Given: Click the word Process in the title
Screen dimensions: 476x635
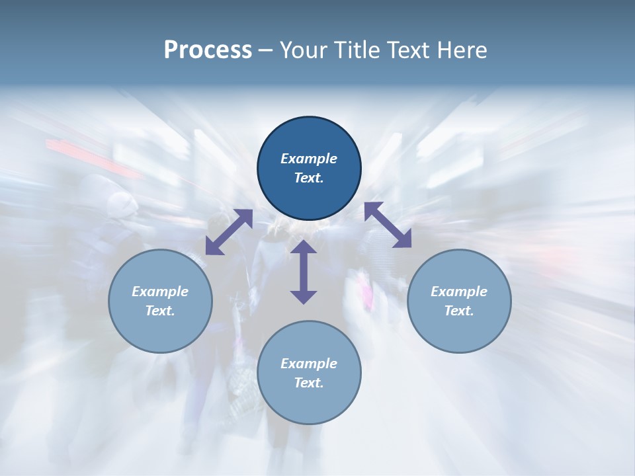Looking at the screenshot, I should (208, 50).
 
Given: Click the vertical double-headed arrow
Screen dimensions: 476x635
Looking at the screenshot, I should (304, 272).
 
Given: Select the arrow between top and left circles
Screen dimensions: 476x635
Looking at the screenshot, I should (229, 232).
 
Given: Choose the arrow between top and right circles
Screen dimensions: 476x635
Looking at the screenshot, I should (388, 225).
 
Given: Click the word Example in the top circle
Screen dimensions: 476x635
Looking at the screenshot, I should (309, 159).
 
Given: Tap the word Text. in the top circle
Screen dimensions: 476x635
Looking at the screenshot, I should (309, 178).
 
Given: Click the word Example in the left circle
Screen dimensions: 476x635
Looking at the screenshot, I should (160, 292).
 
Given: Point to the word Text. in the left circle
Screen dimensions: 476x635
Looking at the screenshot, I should (160, 311).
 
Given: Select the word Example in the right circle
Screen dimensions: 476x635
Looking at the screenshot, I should (458, 292).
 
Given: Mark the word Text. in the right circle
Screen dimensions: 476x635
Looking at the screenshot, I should (458, 311).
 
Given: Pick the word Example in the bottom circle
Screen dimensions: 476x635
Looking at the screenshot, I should (309, 364).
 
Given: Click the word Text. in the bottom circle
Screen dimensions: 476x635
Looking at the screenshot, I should (309, 383).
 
